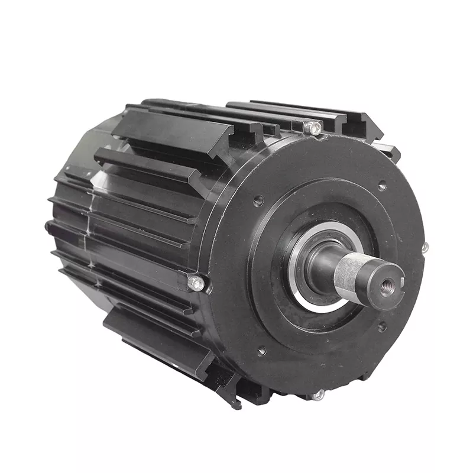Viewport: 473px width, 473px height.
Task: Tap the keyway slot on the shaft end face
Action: (x=397, y=274)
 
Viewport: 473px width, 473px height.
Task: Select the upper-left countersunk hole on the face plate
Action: (x=258, y=201)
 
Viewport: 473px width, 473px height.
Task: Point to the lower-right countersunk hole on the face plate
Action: (x=382, y=326)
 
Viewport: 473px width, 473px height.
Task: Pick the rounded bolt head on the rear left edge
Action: (x=47, y=226)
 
